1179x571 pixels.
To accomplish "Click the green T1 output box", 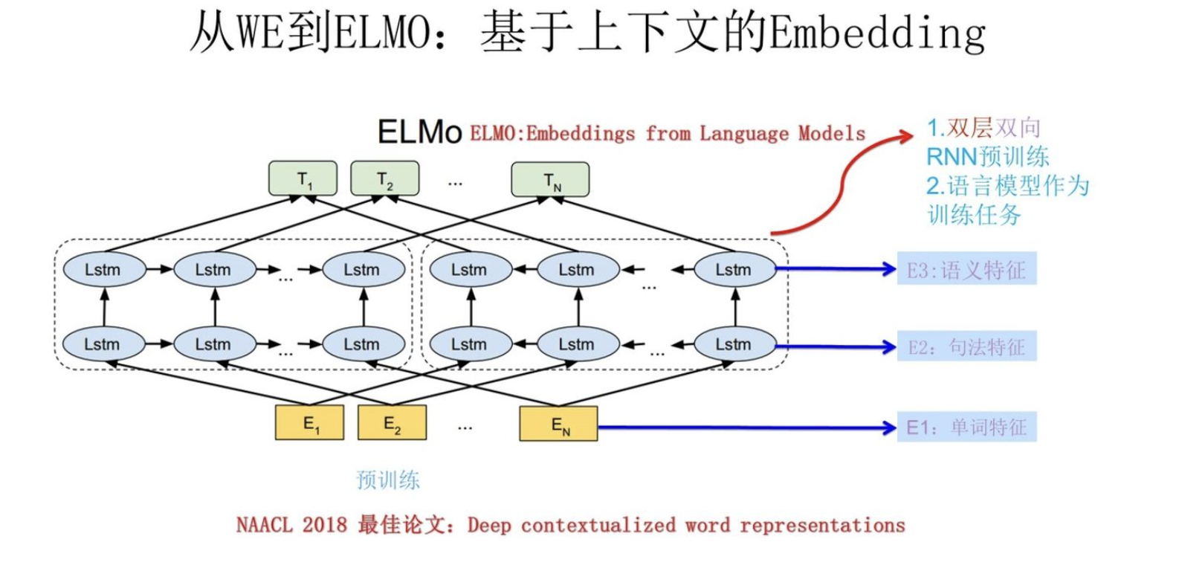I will [x=303, y=179].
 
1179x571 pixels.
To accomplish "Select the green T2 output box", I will [x=384, y=179].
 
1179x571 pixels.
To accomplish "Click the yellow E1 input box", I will [x=309, y=423].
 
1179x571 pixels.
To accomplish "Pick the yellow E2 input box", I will [x=392, y=423].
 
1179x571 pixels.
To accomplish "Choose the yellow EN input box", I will [x=558, y=424].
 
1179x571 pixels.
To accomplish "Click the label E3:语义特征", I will [x=966, y=270].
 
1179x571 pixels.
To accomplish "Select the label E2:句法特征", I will [x=966, y=347].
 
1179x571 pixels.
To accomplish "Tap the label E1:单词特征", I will [x=966, y=428].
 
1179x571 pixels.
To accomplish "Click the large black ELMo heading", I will [x=419, y=132].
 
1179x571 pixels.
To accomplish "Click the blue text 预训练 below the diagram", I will [x=388, y=480].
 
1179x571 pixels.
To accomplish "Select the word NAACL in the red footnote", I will [x=264, y=526].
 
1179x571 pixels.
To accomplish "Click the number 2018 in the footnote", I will [x=325, y=526].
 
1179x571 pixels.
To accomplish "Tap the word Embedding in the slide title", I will [x=877, y=33].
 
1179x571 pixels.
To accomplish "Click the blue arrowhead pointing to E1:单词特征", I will [x=889, y=428].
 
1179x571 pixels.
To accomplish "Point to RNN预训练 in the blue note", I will [x=987, y=157].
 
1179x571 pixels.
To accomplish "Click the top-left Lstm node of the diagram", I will [x=103, y=270].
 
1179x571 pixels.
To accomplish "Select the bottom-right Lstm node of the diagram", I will [x=734, y=344].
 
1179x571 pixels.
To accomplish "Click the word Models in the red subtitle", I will [x=832, y=134].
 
